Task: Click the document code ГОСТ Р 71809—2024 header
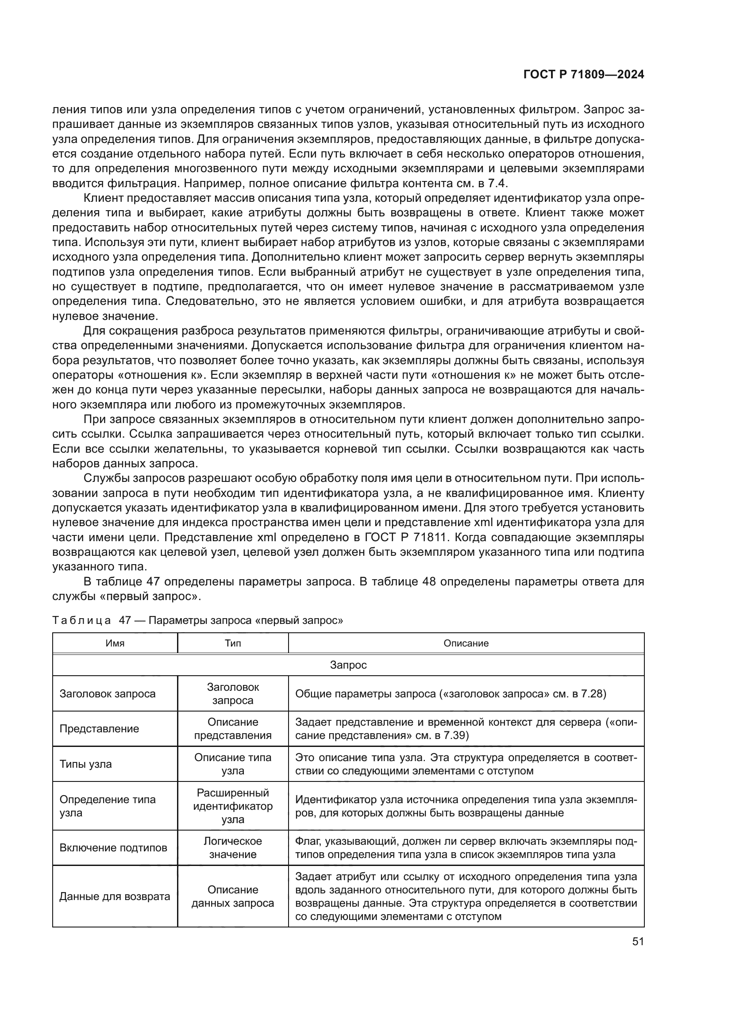click(x=583, y=75)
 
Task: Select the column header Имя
click(x=115, y=643)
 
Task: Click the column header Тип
click(x=233, y=643)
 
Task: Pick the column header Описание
click(x=466, y=643)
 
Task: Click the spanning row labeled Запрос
click(x=348, y=665)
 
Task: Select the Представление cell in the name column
click(x=99, y=729)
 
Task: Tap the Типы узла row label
click(x=86, y=764)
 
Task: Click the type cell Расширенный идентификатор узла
click(x=233, y=806)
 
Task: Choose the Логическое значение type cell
click(x=233, y=848)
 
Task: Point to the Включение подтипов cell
click(x=113, y=848)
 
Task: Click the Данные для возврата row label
click(x=115, y=896)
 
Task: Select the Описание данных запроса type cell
click(x=233, y=896)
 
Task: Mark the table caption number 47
click(x=125, y=620)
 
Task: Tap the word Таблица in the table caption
click(x=81, y=620)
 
